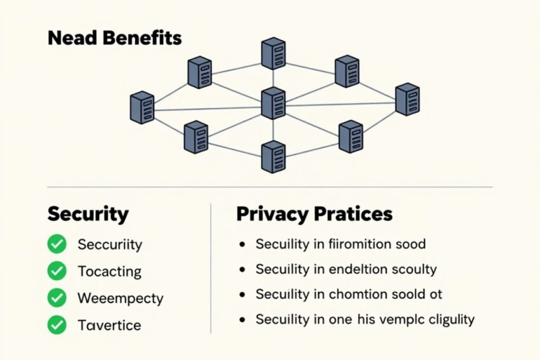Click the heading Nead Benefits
[115, 37]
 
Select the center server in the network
[273, 103]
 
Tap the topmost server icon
[273, 53]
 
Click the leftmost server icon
[142, 107]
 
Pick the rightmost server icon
[407, 99]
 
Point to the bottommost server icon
[273, 157]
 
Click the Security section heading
[88, 214]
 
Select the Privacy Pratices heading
[314, 214]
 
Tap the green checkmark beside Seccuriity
[57, 244]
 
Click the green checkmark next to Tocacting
[57, 271]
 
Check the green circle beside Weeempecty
[57, 298]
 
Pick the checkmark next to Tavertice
[57, 325]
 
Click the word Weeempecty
[121, 298]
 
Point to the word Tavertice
[109, 325]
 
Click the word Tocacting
[109, 272]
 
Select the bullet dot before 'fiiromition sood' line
[243, 244]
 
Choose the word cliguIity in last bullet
[452, 320]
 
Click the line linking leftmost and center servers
[208, 109]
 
